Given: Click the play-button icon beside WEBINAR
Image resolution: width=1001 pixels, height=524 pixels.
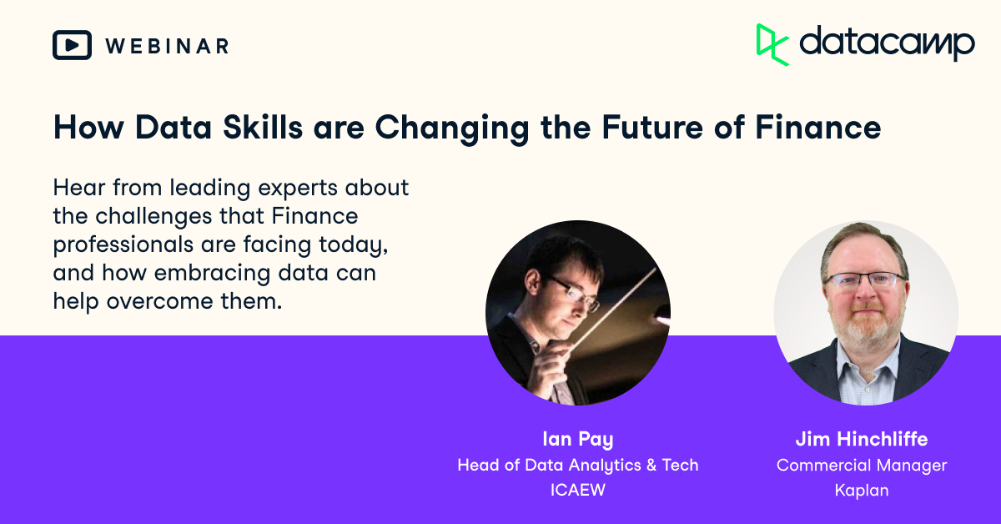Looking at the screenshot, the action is (72, 45).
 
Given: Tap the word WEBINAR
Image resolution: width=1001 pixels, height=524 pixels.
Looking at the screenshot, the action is (166, 46).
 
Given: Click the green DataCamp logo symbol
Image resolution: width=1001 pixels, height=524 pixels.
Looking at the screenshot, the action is (772, 44).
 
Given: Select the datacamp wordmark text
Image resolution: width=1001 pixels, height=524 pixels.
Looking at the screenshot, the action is (886, 43).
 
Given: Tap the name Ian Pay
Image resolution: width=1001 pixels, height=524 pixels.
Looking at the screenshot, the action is (577, 440).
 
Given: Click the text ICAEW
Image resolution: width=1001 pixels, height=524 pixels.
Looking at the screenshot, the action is (577, 490).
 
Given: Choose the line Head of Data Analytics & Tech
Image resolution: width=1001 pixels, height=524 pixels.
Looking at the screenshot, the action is (577, 465).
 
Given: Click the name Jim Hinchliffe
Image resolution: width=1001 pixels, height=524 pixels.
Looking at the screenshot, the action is (862, 440).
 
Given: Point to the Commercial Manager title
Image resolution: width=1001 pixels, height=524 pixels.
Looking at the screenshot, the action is (862, 465).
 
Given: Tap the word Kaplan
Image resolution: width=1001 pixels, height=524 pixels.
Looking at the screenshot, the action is (862, 490).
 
